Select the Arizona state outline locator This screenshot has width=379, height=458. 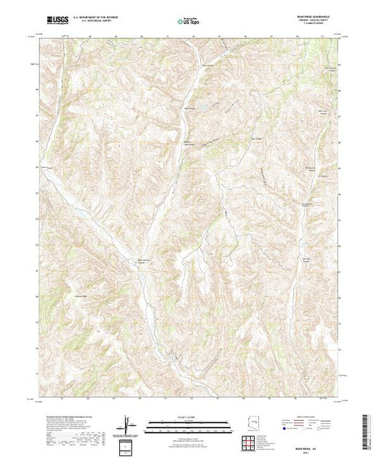pyautogui.click(x=255, y=423)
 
